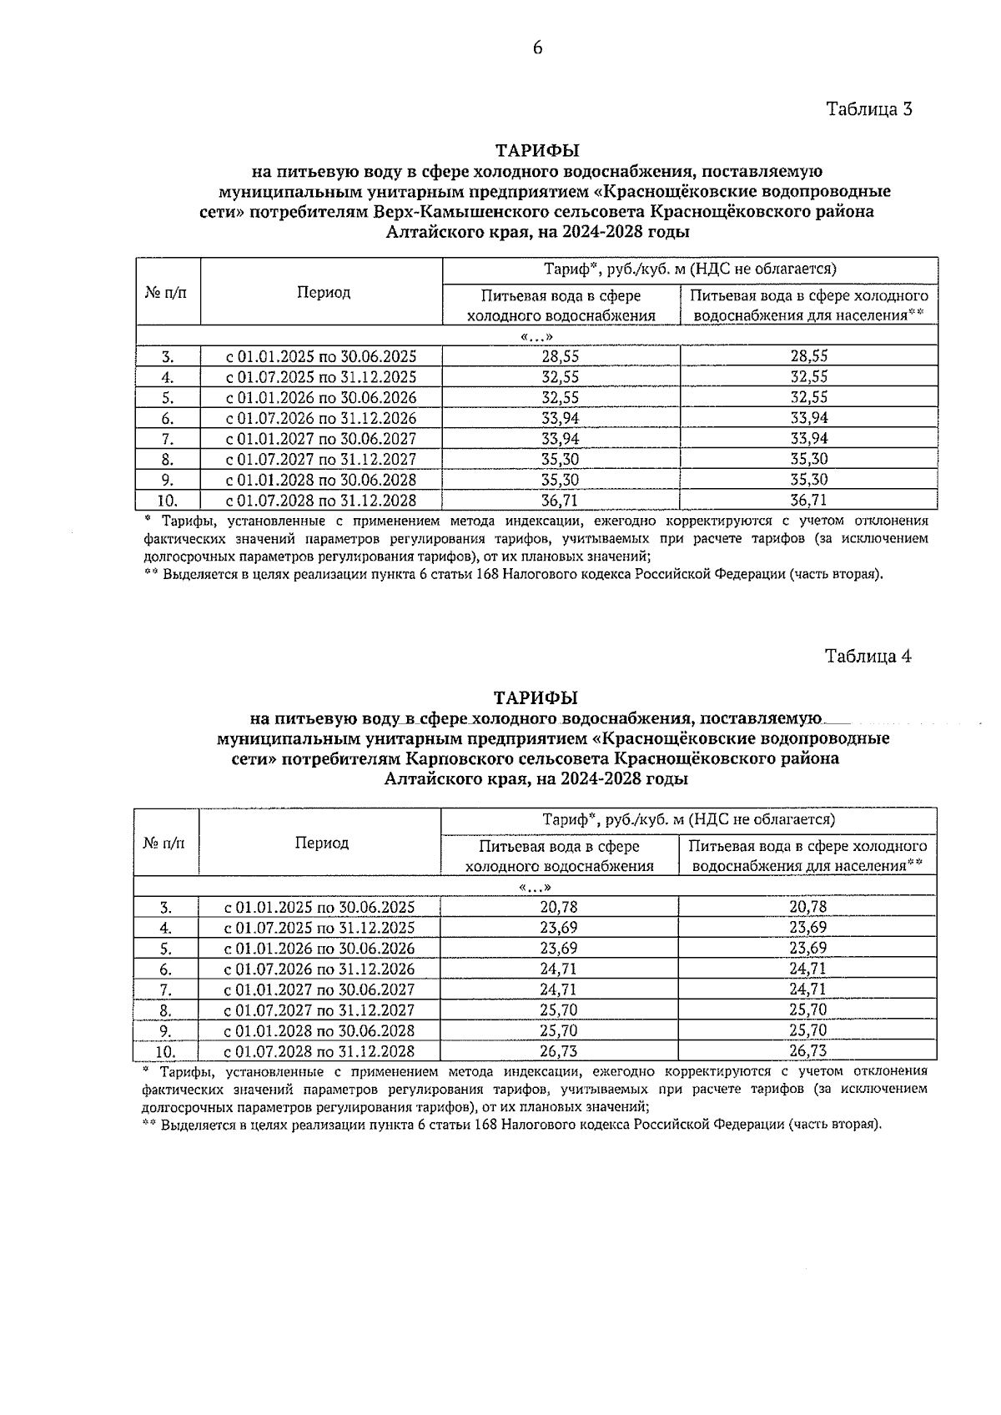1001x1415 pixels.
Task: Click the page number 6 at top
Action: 537,48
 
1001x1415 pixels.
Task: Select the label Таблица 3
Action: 869,109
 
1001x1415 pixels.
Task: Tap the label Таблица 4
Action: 868,656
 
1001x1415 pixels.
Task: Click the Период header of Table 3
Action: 323,292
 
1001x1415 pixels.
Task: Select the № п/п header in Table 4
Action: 166,843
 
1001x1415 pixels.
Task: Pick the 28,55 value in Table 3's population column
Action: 808,356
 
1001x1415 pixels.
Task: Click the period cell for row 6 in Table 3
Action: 321,418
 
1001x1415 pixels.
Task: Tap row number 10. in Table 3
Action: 168,501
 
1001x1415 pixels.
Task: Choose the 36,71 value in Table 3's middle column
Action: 560,501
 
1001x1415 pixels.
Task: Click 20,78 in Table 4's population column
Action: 807,907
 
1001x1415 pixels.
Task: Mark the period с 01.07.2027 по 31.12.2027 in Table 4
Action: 319,1010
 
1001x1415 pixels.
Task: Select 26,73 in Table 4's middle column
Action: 558,1051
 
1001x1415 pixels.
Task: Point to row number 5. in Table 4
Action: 165,949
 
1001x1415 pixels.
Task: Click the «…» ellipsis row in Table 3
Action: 536,336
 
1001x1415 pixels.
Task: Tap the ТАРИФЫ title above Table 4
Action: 536,697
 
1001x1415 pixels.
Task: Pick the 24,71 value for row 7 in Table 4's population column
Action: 807,989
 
